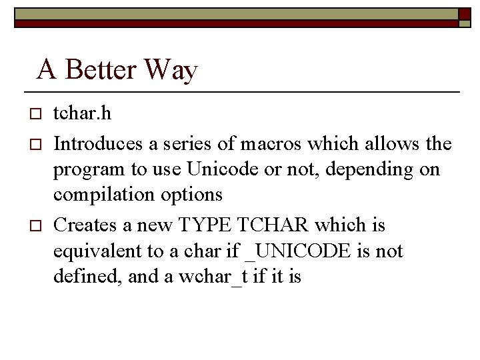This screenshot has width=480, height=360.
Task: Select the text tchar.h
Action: click(x=82, y=113)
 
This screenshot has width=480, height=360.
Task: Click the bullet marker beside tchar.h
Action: click(x=37, y=114)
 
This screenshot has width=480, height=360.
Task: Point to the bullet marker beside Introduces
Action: click(x=37, y=144)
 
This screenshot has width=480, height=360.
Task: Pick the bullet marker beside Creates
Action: click(x=37, y=226)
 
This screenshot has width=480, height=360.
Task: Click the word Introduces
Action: click(x=97, y=143)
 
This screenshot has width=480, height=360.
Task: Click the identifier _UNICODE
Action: click(x=297, y=251)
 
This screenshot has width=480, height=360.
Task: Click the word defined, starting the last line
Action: click(x=80, y=277)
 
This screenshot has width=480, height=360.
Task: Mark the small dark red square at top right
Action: click(x=465, y=13)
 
